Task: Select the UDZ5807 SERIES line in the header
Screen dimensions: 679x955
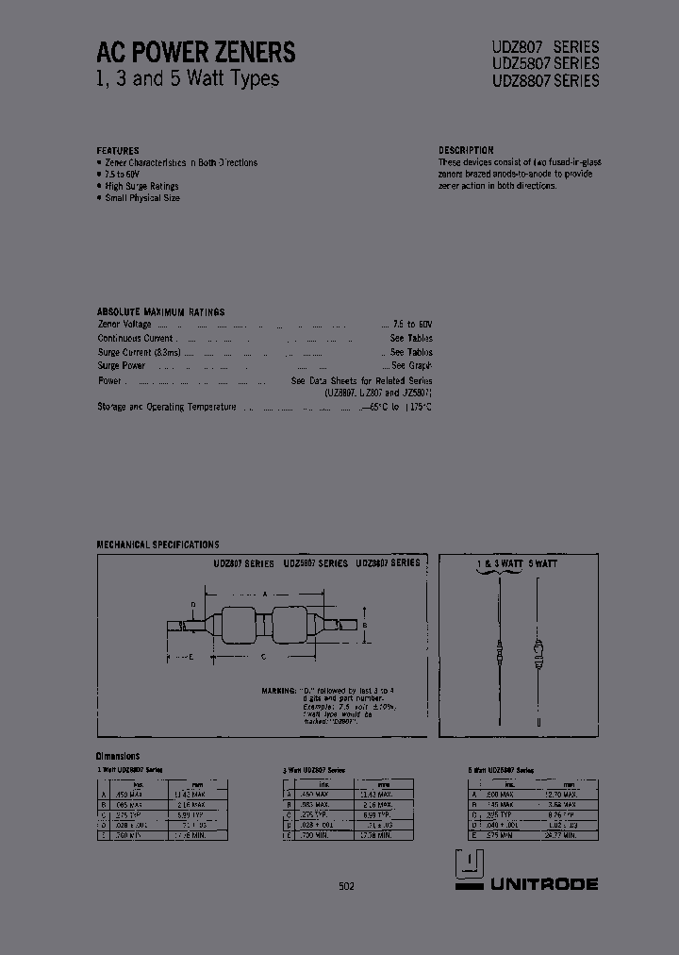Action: [x=545, y=63]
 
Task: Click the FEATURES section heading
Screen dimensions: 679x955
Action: [x=118, y=151]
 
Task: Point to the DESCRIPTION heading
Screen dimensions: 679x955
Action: [x=466, y=151]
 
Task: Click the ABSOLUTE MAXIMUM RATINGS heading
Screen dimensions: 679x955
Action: [x=160, y=311]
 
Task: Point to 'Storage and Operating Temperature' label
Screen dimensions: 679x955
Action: [x=166, y=407]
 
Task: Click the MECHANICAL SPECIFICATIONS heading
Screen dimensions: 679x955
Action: [x=157, y=545]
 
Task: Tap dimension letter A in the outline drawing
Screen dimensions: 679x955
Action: [x=265, y=595]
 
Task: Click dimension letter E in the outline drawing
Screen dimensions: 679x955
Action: [x=190, y=657]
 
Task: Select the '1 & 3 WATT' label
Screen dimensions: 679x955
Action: [x=499, y=562]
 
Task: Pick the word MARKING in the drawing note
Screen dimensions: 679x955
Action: [x=279, y=692]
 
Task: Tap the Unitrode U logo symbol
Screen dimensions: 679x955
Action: [x=469, y=869]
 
